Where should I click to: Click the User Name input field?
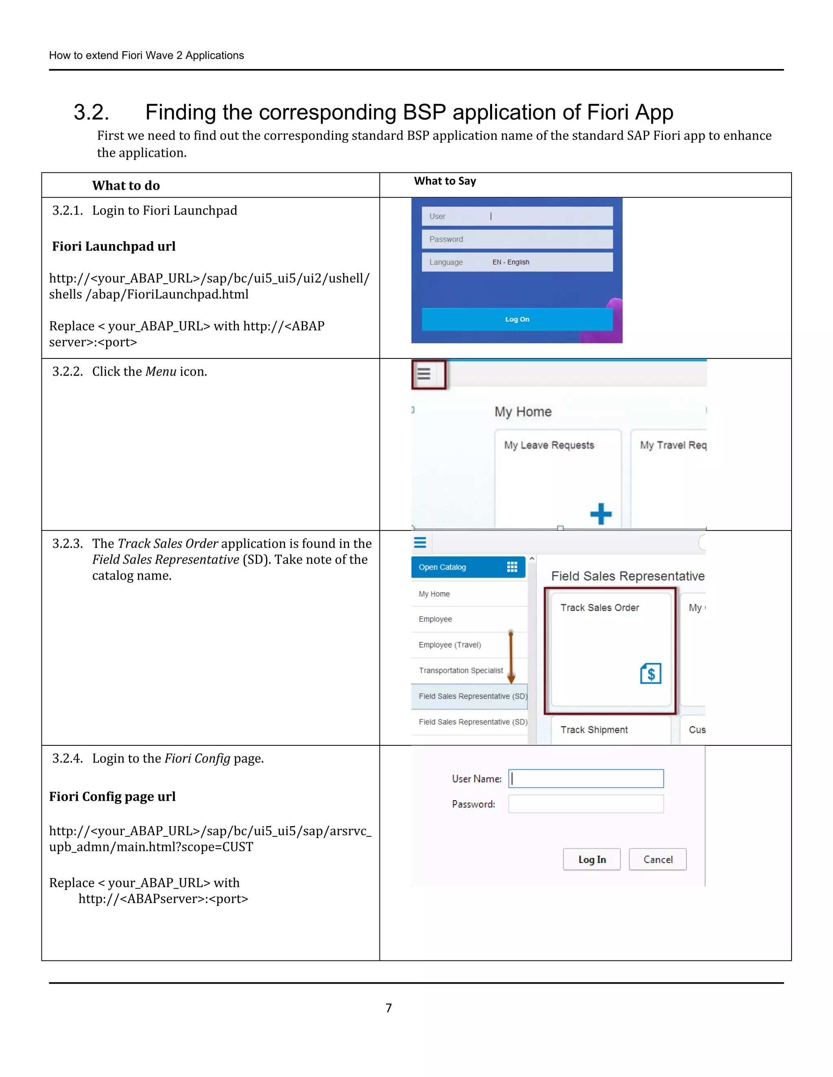pyautogui.click(x=586, y=779)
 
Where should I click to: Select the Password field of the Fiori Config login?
pyautogui.click(x=586, y=804)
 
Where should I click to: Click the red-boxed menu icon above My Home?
pyautogui.click(x=424, y=374)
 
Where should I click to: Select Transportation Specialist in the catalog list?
pyautogui.click(x=460, y=671)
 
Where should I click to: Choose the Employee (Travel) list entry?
pyautogui.click(x=449, y=645)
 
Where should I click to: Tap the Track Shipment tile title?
pyautogui.click(x=594, y=730)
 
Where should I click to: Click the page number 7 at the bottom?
pyautogui.click(x=389, y=1008)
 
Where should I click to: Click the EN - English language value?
pyautogui.click(x=510, y=263)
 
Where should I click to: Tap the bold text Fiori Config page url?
pyautogui.click(x=113, y=797)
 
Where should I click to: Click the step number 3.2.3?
pyautogui.click(x=68, y=543)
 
